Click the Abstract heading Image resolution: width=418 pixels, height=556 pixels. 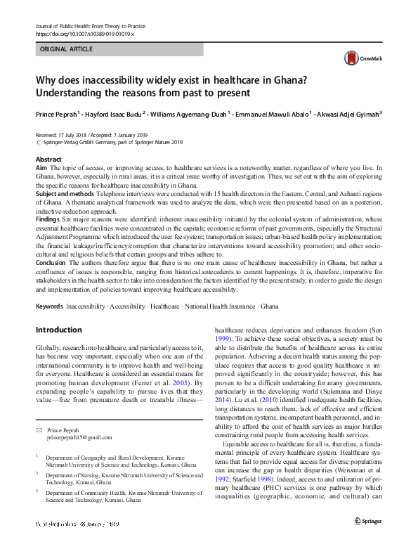48,160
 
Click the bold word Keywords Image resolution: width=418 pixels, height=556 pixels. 49,307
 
